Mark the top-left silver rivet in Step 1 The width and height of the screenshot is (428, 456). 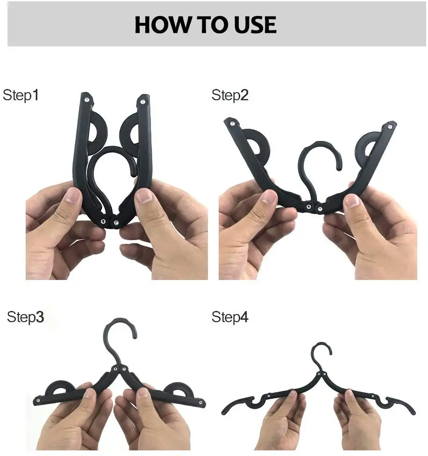(87, 98)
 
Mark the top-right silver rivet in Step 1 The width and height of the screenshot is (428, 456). (142, 100)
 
